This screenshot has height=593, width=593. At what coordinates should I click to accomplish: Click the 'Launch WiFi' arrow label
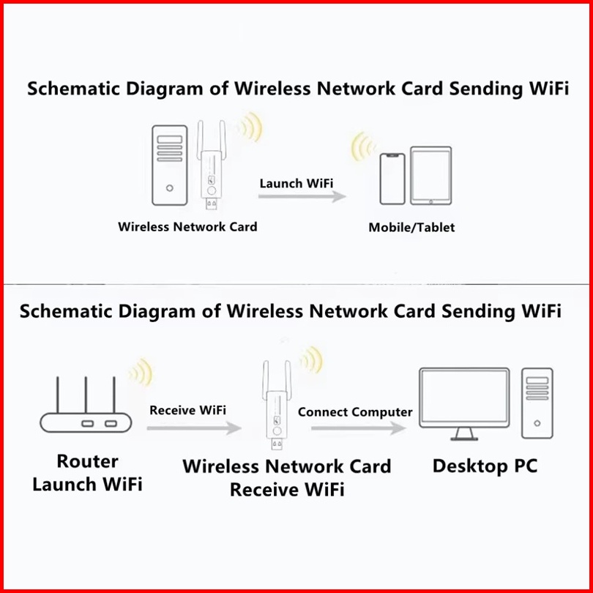click(x=291, y=182)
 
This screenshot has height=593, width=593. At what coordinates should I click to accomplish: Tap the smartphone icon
click(x=392, y=179)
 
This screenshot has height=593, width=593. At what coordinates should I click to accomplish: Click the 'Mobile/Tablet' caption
click(x=411, y=228)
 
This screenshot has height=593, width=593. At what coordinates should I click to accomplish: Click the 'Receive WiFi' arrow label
click(x=187, y=409)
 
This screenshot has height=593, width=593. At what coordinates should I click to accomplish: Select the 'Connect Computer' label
click(x=355, y=411)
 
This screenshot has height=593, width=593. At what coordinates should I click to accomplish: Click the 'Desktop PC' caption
click(x=485, y=466)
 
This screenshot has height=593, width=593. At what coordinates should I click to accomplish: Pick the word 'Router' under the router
click(x=88, y=462)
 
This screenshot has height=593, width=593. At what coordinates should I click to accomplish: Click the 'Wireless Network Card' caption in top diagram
click(x=187, y=227)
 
